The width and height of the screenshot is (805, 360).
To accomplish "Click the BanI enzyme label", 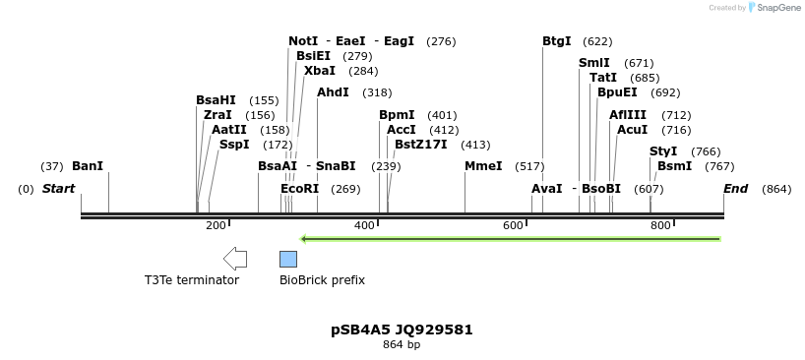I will coord(88,166).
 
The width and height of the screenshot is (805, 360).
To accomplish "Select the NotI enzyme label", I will coord(303,41).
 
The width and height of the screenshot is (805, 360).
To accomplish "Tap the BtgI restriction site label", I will coord(557,41).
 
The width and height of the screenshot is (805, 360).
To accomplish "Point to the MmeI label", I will coord(483,166).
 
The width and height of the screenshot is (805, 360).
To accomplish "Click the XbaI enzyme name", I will coord(320,71).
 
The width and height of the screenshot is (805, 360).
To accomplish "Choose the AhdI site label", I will coord(333,92).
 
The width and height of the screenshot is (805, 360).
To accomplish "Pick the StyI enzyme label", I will coord(664,151).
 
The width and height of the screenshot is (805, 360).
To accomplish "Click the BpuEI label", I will coord(617,92).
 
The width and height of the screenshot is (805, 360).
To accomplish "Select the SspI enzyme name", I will coord(234,145).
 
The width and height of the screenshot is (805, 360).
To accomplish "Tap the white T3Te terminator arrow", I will coord(235,259).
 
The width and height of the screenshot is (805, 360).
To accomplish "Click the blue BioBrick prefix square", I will coord(288,259).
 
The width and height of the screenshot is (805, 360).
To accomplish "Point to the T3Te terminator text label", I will coord(192,280).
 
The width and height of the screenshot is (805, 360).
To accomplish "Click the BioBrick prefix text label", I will coord(322,280).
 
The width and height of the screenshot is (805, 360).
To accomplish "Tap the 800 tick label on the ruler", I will coord(660,226).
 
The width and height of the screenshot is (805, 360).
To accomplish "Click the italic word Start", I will coord(58,189).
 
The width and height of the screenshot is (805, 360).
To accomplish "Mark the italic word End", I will coord(735,189).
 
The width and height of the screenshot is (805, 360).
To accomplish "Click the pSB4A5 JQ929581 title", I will coord(402,330).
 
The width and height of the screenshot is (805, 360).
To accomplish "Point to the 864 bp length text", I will coord(402,345).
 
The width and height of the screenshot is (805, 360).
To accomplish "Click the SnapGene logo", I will coord(774,8).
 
